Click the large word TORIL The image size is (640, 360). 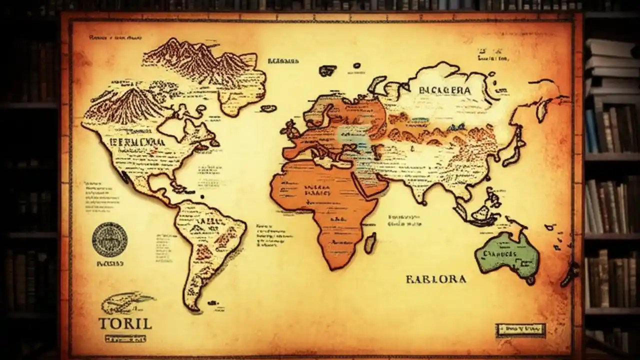[x=125, y=323]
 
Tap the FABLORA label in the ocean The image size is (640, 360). [x=436, y=279]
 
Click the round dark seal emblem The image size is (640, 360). [x=109, y=239]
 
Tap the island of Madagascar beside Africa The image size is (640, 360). [x=370, y=242]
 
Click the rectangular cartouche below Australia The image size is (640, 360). [x=520, y=329]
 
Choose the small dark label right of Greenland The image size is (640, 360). [x=283, y=61]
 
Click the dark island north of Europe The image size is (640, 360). [x=327, y=70]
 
